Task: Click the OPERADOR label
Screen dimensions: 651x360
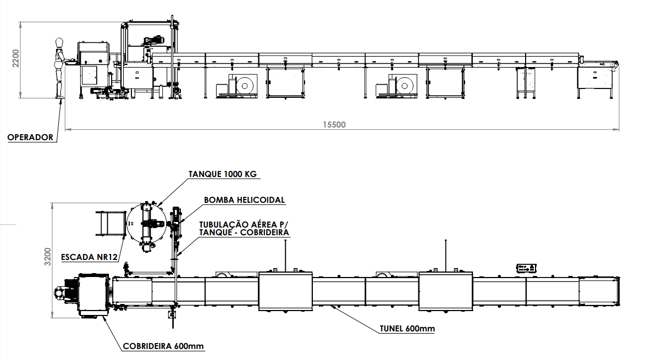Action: point(30,137)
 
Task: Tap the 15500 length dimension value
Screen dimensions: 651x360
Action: point(334,125)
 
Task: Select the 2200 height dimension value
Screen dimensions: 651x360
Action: point(15,59)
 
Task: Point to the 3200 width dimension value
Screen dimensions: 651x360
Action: point(48,257)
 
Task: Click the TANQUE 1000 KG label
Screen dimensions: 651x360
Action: point(223,174)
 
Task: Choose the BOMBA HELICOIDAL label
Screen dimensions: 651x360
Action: point(244,200)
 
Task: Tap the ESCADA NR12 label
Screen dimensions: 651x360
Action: point(89,257)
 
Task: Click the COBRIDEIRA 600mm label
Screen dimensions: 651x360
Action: point(163,346)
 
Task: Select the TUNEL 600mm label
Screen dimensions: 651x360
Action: point(407,329)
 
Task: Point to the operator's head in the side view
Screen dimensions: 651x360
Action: point(59,42)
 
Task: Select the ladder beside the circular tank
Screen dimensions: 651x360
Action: point(111,223)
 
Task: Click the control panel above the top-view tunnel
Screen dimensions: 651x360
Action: point(526,268)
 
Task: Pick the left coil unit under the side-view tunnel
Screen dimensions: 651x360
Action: point(236,86)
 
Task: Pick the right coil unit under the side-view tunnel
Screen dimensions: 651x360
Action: point(396,86)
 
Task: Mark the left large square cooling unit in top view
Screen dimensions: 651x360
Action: point(285,291)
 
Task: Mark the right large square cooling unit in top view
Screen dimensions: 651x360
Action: point(445,291)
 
